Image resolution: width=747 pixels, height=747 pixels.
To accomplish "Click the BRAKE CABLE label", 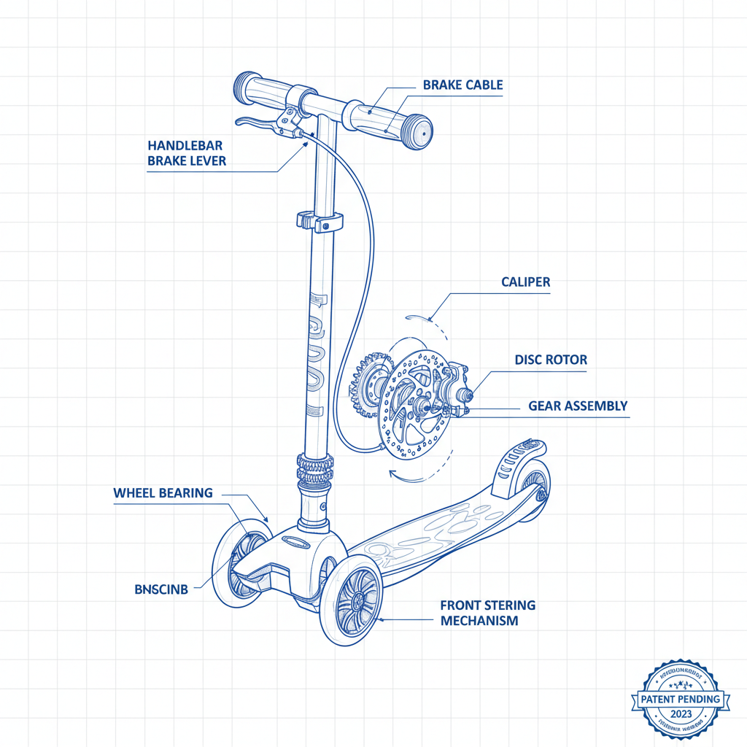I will (x=462, y=85).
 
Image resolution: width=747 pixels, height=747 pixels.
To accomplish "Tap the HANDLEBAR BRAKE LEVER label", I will (x=187, y=153).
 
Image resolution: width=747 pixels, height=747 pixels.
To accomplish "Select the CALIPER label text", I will (x=525, y=282).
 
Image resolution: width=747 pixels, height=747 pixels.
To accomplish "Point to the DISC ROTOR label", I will (x=550, y=360).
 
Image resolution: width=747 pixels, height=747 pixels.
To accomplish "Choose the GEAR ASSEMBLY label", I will (x=578, y=406).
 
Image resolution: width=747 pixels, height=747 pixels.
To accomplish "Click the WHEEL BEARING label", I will (x=163, y=493).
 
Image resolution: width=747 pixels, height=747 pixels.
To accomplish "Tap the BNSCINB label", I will (x=161, y=589).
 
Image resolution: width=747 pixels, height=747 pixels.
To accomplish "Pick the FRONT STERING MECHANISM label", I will (x=487, y=613).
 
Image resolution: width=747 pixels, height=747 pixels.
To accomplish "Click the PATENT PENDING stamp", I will (x=680, y=699).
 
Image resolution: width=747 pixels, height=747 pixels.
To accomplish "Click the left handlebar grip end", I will (x=244, y=88).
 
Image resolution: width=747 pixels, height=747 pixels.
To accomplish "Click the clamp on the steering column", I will (x=320, y=220).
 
